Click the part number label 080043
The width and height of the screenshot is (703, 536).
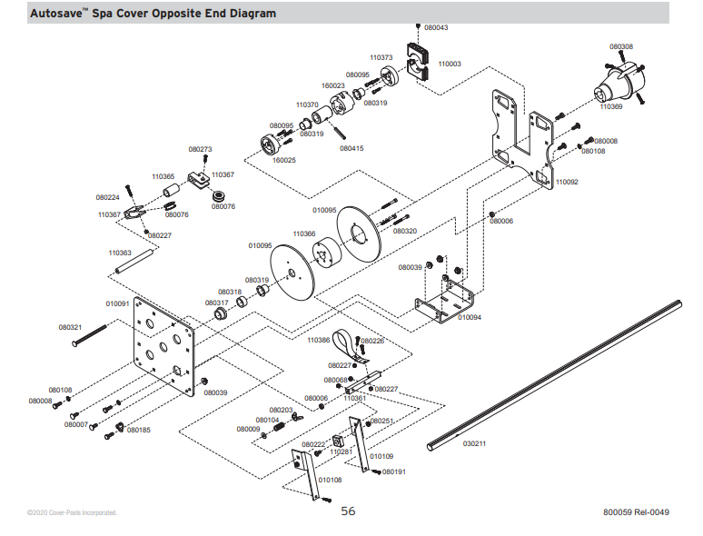click(x=436, y=28)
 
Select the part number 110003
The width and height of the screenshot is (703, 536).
click(x=450, y=65)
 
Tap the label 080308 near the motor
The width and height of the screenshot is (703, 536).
click(x=621, y=46)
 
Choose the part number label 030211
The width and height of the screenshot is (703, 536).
click(x=474, y=444)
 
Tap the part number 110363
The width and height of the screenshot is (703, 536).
click(x=120, y=253)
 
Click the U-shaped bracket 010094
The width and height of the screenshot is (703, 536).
click(x=445, y=298)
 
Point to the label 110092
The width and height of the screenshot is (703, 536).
click(x=567, y=182)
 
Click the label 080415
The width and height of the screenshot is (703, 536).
click(x=351, y=148)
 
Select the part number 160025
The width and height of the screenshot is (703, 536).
click(x=284, y=160)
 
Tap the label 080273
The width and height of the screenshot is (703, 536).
click(x=201, y=149)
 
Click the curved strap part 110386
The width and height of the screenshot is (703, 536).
click(x=350, y=349)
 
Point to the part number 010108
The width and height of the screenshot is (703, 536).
click(x=331, y=479)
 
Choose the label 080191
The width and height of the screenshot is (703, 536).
click(x=394, y=472)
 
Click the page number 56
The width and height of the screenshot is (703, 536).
click(x=349, y=511)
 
